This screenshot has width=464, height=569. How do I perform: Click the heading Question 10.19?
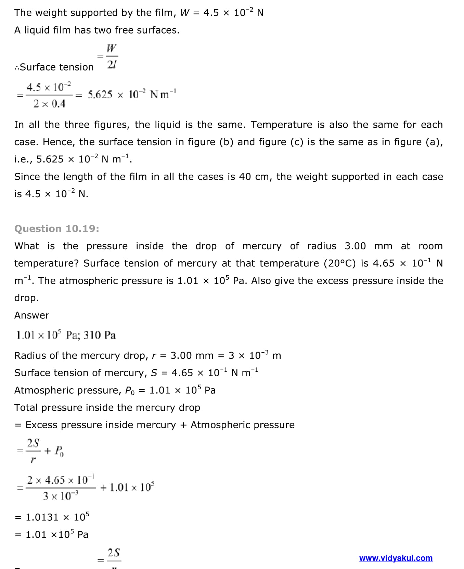[x=57, y=228]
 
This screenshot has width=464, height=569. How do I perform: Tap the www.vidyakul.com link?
[x=396, y=558]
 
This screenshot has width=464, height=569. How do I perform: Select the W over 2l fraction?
[x=112, y=56]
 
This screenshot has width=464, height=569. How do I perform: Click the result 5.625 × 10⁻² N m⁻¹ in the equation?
[x=132, y=94]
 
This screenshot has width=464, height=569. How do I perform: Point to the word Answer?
[x=32, y=315]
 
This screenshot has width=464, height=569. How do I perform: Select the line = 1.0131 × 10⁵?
[x=52, y=517]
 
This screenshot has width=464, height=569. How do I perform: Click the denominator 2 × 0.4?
[x=49, y=104]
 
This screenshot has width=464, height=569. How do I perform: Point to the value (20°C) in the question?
[x=338, y=263]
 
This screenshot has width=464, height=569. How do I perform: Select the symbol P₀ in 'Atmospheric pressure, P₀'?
[x=130, y=391]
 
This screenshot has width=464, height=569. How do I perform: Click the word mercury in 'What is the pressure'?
[x=262, y=246]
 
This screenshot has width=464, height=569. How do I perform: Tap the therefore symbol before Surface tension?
[x=17, y=67]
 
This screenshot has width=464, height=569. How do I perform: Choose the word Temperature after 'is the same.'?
[x=281, y=125]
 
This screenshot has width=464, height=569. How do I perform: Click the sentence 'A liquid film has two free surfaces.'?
[x=97, y=30]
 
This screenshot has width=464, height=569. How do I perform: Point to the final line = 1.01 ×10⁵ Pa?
[x=52, y=534]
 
